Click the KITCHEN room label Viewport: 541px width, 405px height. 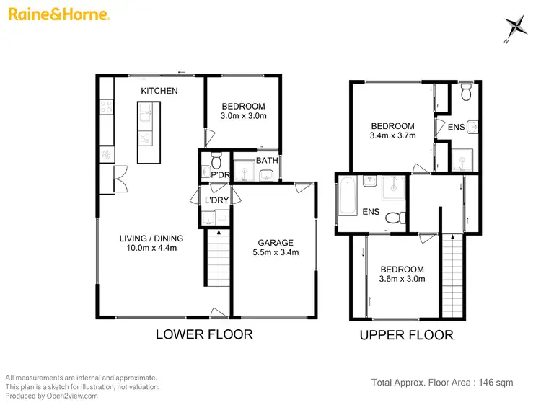pos(159,91)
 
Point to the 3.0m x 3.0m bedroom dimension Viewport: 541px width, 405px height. pos(243,116)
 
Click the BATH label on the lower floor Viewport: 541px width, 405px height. pos(267,161)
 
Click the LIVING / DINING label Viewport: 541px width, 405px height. pos(151,239)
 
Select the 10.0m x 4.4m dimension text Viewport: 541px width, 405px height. pos(151,249)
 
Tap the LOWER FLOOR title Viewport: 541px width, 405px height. pos(205,334)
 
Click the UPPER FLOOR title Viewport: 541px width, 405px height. pos(407,335)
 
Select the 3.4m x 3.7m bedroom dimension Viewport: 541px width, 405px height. pos(392,135)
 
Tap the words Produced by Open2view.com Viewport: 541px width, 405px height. pos(51,396)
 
